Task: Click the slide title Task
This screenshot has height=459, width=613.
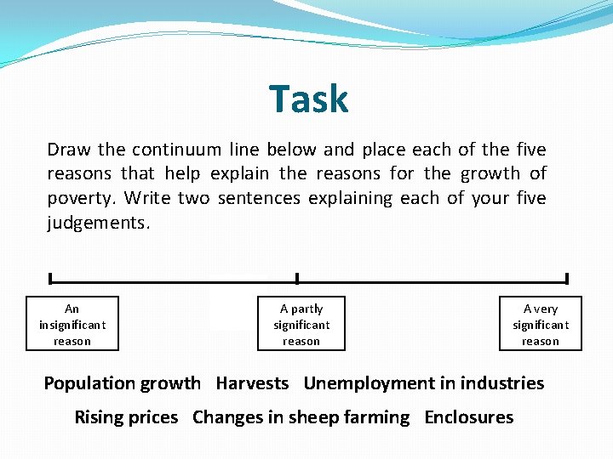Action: point(308,99)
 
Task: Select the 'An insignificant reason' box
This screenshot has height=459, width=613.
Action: point(72,324)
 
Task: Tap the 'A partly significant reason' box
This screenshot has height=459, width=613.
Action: point(301,324)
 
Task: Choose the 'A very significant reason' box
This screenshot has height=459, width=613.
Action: point(541,324)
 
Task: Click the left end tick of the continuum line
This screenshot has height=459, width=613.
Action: point(50,278)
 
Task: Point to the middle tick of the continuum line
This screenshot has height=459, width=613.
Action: point(296,278)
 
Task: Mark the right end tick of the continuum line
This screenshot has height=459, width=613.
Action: point(566,278)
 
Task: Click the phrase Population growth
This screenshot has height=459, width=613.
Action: point(123,383)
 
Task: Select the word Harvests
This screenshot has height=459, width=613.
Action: point(252,383)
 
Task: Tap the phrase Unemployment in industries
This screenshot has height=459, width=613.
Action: point(423,383)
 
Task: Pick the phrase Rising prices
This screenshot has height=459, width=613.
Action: point(126,417)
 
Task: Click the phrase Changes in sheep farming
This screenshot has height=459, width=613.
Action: point(301,417)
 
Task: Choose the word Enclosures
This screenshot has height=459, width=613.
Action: point(468,417)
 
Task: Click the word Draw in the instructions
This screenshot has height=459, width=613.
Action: point(69,150)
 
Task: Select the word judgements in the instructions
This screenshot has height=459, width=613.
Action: point(97,224)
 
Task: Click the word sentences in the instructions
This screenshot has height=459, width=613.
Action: point(259,198)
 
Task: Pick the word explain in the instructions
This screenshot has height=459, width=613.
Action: point(240,174)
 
